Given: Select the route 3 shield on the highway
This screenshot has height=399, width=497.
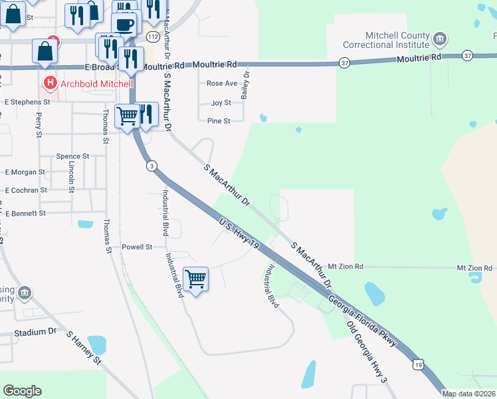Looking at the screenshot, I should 152,166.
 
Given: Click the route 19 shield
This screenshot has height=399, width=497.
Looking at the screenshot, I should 417,364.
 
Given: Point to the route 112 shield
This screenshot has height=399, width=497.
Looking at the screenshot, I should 153,35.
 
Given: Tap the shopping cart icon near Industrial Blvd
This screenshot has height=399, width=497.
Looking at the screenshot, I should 195,280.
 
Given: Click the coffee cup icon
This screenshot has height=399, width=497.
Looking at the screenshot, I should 124,25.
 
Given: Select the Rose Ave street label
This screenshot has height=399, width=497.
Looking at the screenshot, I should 221,84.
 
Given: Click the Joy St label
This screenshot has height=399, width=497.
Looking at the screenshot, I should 221,103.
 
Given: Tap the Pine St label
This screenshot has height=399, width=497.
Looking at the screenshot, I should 219,121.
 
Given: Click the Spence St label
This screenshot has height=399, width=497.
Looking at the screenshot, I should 72,156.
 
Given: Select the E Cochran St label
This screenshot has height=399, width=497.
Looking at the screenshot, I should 26,190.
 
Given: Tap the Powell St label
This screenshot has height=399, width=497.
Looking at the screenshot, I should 137,247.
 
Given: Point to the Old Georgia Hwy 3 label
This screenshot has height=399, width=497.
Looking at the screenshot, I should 367,351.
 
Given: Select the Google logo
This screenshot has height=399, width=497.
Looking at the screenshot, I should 22,391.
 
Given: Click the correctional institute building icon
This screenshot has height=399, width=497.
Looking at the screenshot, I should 439,39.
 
